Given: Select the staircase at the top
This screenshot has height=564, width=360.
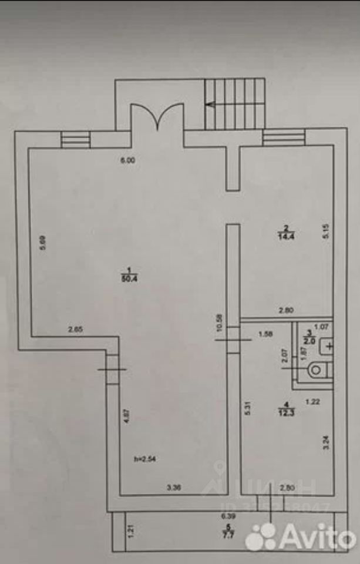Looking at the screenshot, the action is coord(234,104).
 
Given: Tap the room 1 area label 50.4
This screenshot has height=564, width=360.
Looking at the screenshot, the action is coord(126,275).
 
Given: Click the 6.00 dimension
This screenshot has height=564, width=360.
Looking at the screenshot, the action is coord(128,160).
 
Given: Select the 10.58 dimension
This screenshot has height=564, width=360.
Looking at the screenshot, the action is coord(219,323).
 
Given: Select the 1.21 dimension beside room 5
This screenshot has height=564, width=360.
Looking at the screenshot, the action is coord(132,532).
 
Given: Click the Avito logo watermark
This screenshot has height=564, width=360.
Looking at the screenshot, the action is coord(300,536).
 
